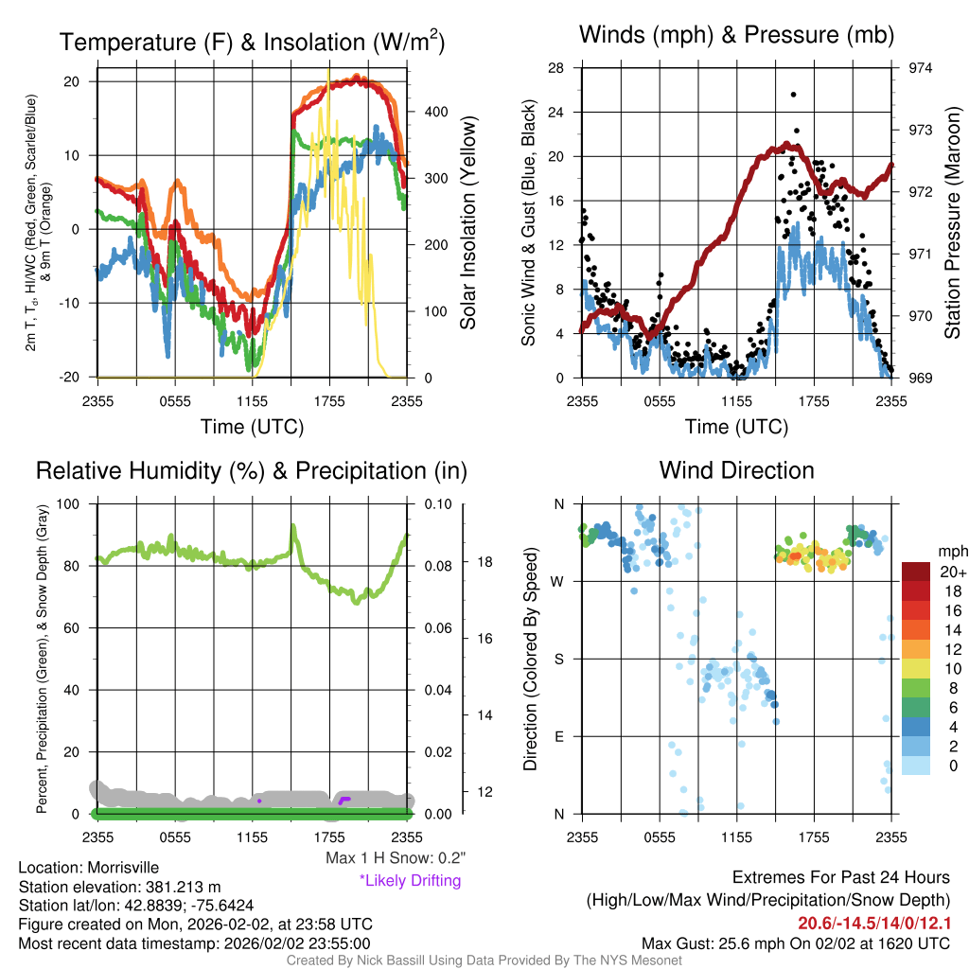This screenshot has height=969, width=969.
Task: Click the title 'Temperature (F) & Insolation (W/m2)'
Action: point(252,42)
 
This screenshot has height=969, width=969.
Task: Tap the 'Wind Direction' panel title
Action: point(736,470)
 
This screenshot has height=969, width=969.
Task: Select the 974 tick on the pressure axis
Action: point(921,68)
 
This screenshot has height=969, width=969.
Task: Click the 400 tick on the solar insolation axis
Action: point(436,112)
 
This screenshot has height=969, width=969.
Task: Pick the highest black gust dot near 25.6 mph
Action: point(793,95)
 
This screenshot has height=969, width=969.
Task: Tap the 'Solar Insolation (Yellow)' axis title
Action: point(467,223)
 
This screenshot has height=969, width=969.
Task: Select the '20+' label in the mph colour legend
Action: point(926,572)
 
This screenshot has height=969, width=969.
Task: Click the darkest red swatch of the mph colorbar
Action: point(916,572)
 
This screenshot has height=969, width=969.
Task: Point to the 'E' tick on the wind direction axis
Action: point(558,736)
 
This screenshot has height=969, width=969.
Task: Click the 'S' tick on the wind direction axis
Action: point(558,659)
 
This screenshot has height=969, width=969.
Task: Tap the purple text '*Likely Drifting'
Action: point(410,881)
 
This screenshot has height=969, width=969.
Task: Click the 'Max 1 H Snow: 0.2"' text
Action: point(396,858)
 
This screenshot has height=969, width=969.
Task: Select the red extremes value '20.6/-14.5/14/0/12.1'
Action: point(874,924)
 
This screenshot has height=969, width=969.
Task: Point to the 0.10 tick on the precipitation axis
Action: point(436,503)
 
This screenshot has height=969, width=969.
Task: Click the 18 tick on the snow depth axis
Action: point(484,561)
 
